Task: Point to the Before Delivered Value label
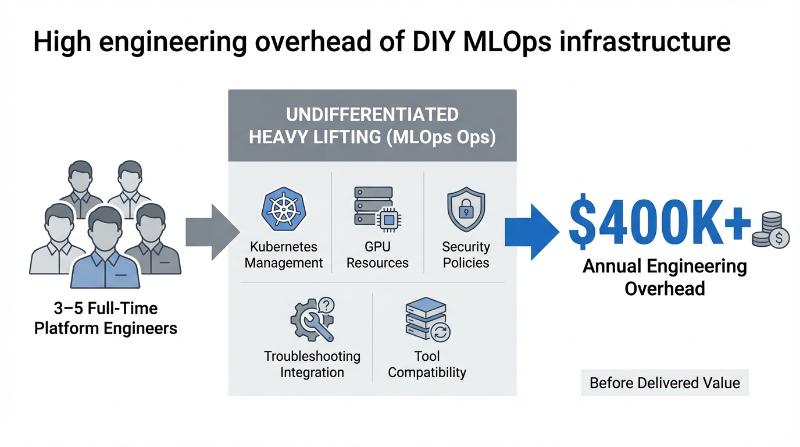click(x=665, y=383)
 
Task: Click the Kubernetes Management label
click(x=284, y=255)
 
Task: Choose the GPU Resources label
click(x=377, y=255)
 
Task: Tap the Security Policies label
click(x=466, y=255)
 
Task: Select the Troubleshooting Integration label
click(x=312, y=364)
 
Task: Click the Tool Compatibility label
click(x=427, y=364)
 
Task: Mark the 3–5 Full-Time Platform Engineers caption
click(x=105, y=318)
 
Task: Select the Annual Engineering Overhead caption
click(x=665, y=277)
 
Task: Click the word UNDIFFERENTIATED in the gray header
click(x=372, y=114)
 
